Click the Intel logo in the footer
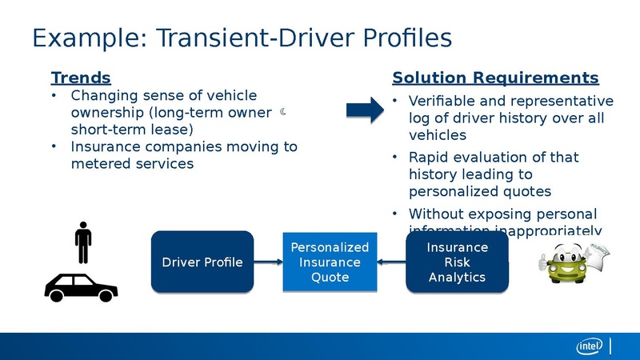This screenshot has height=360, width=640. (590, 346)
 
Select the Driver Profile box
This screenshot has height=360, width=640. (202, 262)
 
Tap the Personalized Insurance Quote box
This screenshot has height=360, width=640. (330, 262)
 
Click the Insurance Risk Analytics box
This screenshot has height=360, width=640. (457, 262)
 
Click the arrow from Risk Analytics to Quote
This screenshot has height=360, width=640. (391, 262)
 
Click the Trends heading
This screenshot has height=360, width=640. (80, 78)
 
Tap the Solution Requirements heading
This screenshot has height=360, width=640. (494, 78)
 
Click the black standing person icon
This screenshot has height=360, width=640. (83, 242)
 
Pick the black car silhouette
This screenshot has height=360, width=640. (81, 287)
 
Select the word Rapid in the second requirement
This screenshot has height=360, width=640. (430, 157)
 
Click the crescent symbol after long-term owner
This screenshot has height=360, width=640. (284, 113)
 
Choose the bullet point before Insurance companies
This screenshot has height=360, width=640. (54, 147)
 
